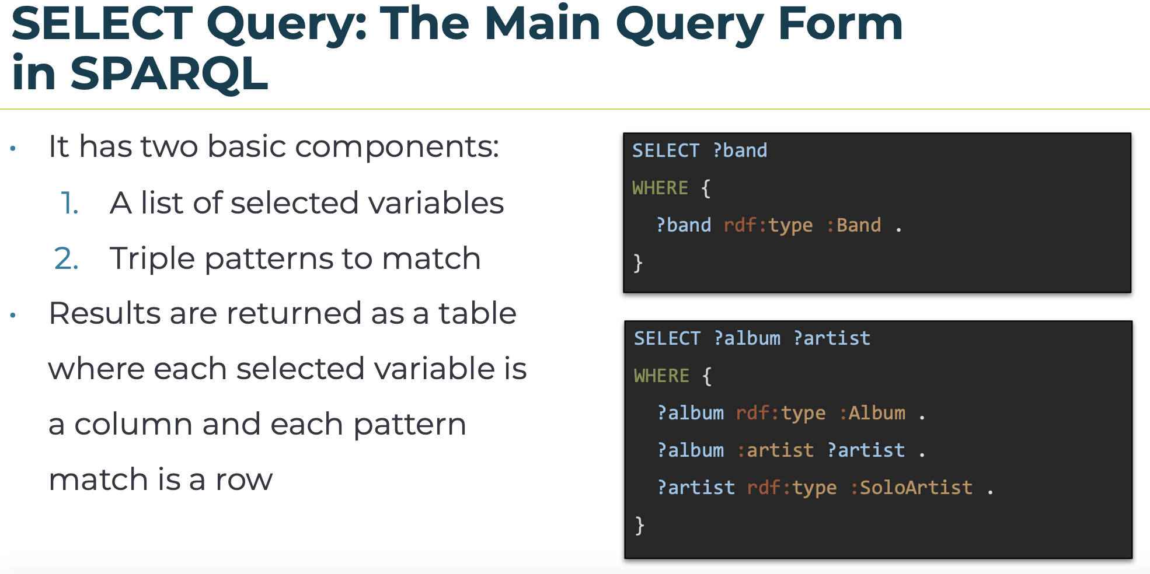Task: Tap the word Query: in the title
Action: coord(287,24)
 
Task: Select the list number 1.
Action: coord(69,203)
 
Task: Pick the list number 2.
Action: coord(66,258)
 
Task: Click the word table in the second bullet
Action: coord(478,313)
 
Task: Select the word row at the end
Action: coord(243,481)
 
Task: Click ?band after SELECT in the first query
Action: coord(740,151)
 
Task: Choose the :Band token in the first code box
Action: coord(853,225)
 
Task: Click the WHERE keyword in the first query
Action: coord(660,188)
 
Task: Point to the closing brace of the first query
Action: coord(638,263)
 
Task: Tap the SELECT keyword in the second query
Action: coord(667,338)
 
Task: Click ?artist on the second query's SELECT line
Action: coord(832,338)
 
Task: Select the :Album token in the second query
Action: coord(872,413)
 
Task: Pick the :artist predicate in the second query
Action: coord(775,450)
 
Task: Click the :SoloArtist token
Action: coord(911,488)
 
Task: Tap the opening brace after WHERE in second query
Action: coord(707,376)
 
